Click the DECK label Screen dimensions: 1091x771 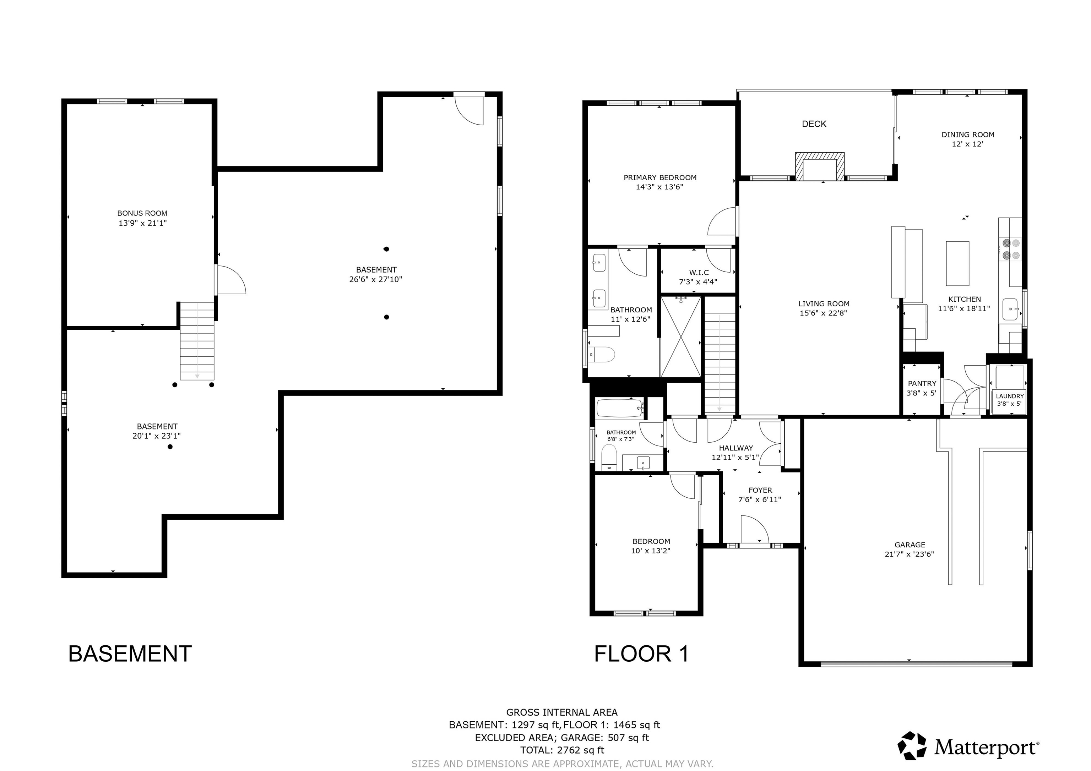point(814,124)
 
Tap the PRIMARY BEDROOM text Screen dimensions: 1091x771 point(660,178)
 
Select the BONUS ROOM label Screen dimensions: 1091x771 point(142,213)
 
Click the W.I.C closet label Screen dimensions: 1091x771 point(699,273)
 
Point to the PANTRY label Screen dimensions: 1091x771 point(922,383)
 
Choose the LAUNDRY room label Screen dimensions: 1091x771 point(1010,396)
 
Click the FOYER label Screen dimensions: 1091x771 point(760,490)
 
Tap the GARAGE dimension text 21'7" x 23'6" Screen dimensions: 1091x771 point(909,554)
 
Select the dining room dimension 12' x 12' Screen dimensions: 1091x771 point(967,144)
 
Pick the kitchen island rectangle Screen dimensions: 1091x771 point(957,263)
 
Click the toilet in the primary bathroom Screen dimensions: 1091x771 point(602,354)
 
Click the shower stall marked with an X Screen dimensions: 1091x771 point(681,337)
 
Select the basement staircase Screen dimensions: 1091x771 point(197,341)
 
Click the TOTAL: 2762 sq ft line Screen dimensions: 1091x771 point(562,750)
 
